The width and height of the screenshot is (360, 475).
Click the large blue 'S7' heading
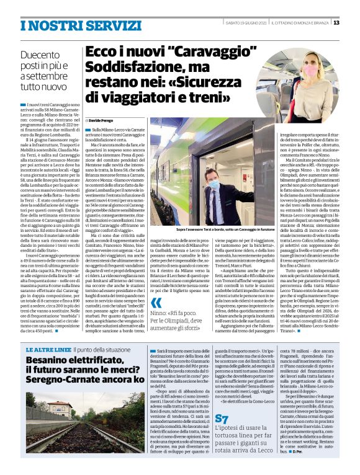point(223,419)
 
